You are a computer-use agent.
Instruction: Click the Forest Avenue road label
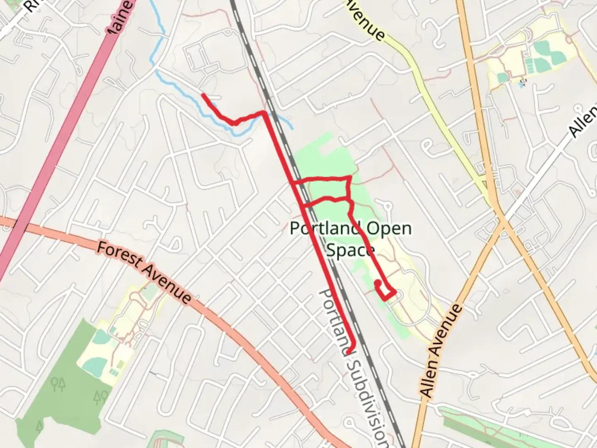[144, 272]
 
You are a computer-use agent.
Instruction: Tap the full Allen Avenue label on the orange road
[440, 351]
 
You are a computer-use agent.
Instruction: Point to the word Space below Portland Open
[350, 250]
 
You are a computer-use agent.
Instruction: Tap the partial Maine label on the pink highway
[120, 19]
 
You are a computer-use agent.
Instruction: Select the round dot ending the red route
[378, 283]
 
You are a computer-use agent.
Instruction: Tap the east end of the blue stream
[292, 128]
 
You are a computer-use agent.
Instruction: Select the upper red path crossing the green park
[323, 179]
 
